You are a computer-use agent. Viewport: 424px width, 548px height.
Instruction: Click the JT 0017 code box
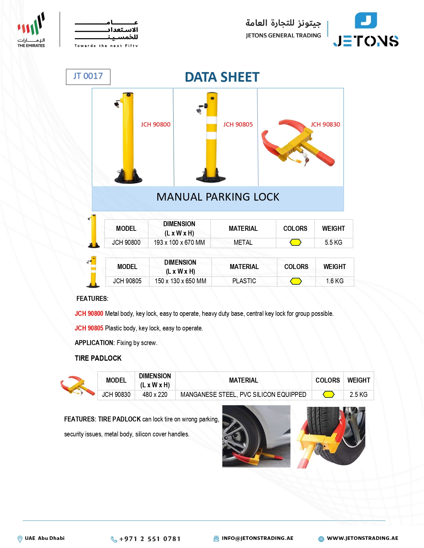coord(88,77)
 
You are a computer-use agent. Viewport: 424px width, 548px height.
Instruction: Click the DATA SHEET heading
coord(222,77)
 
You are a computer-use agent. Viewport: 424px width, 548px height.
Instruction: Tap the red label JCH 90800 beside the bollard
coord(156,124)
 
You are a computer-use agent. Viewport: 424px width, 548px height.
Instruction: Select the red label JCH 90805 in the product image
coord(238,124)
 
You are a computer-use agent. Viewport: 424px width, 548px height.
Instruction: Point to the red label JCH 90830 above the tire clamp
coord(325,124)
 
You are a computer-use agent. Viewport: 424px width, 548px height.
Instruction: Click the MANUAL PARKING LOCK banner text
coord(218,197)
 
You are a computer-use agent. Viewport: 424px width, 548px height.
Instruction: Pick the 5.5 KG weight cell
coord(333,242)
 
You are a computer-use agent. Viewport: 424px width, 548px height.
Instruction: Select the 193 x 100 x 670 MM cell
coord(179,242)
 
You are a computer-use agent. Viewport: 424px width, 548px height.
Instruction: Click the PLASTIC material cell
coord(244,281)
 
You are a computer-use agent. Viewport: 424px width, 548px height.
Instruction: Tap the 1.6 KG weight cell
coord(335,281)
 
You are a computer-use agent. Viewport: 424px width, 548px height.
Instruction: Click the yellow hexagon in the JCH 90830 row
coord(329,395)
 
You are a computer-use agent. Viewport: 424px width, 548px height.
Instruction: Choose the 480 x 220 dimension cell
coord(155,395)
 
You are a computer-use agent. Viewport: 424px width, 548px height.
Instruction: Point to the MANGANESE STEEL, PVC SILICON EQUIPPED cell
coord(243,395)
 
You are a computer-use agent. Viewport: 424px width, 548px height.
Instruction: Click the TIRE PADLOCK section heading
coord(98,358)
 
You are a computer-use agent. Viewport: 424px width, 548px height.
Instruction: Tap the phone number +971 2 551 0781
coord(150,539)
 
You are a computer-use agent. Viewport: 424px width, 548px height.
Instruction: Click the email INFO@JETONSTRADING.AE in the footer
coord(258,538)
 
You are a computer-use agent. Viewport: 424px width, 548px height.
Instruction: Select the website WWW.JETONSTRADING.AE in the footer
coord(362,538)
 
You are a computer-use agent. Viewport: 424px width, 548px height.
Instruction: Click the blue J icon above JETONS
coord(366,21)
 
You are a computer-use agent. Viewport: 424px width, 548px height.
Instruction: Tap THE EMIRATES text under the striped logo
coord(31,46)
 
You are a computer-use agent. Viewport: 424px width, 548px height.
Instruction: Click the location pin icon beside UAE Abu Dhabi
coord(20,539)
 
